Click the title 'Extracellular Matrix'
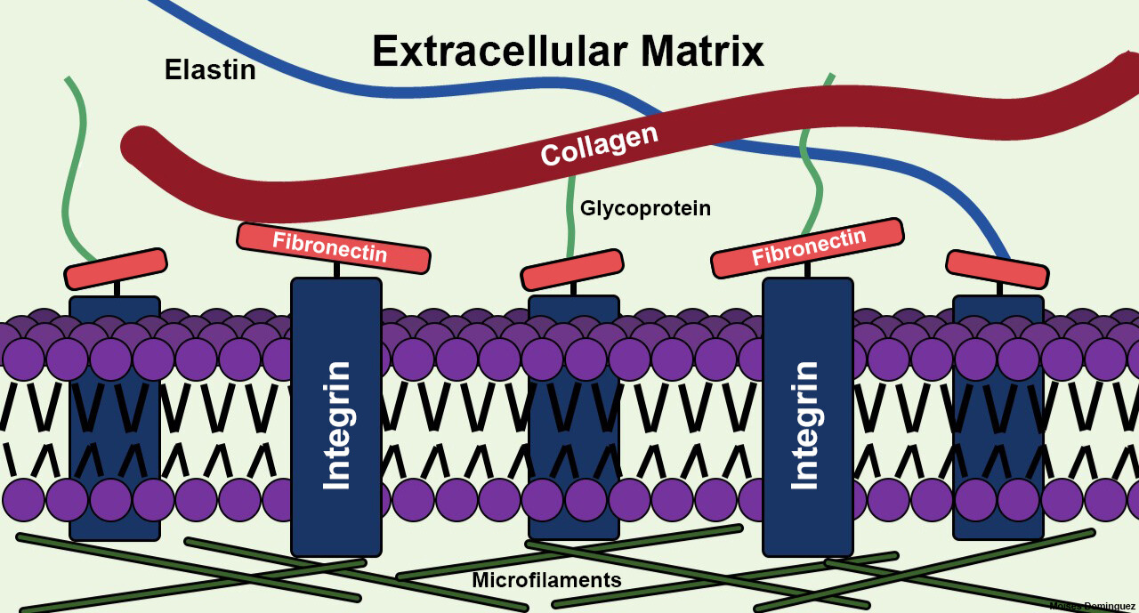[x=568, y=51]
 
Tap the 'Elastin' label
[x=210, y=69]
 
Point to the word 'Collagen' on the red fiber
[x=599, y=144]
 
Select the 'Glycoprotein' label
[x=645, y=208]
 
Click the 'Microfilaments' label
[x=546, y=580]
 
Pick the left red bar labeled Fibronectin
[x=333, y=246]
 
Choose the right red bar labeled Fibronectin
[x=807, y=246]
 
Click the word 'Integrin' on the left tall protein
[x=336, y=424]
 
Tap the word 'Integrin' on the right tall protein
[x=805, y=424]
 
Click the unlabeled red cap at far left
[x=116, y=268]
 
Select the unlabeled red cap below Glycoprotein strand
[x=571, y=270]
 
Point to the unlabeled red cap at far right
[x=997, y=269]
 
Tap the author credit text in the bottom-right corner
[x=1092, y=606]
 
